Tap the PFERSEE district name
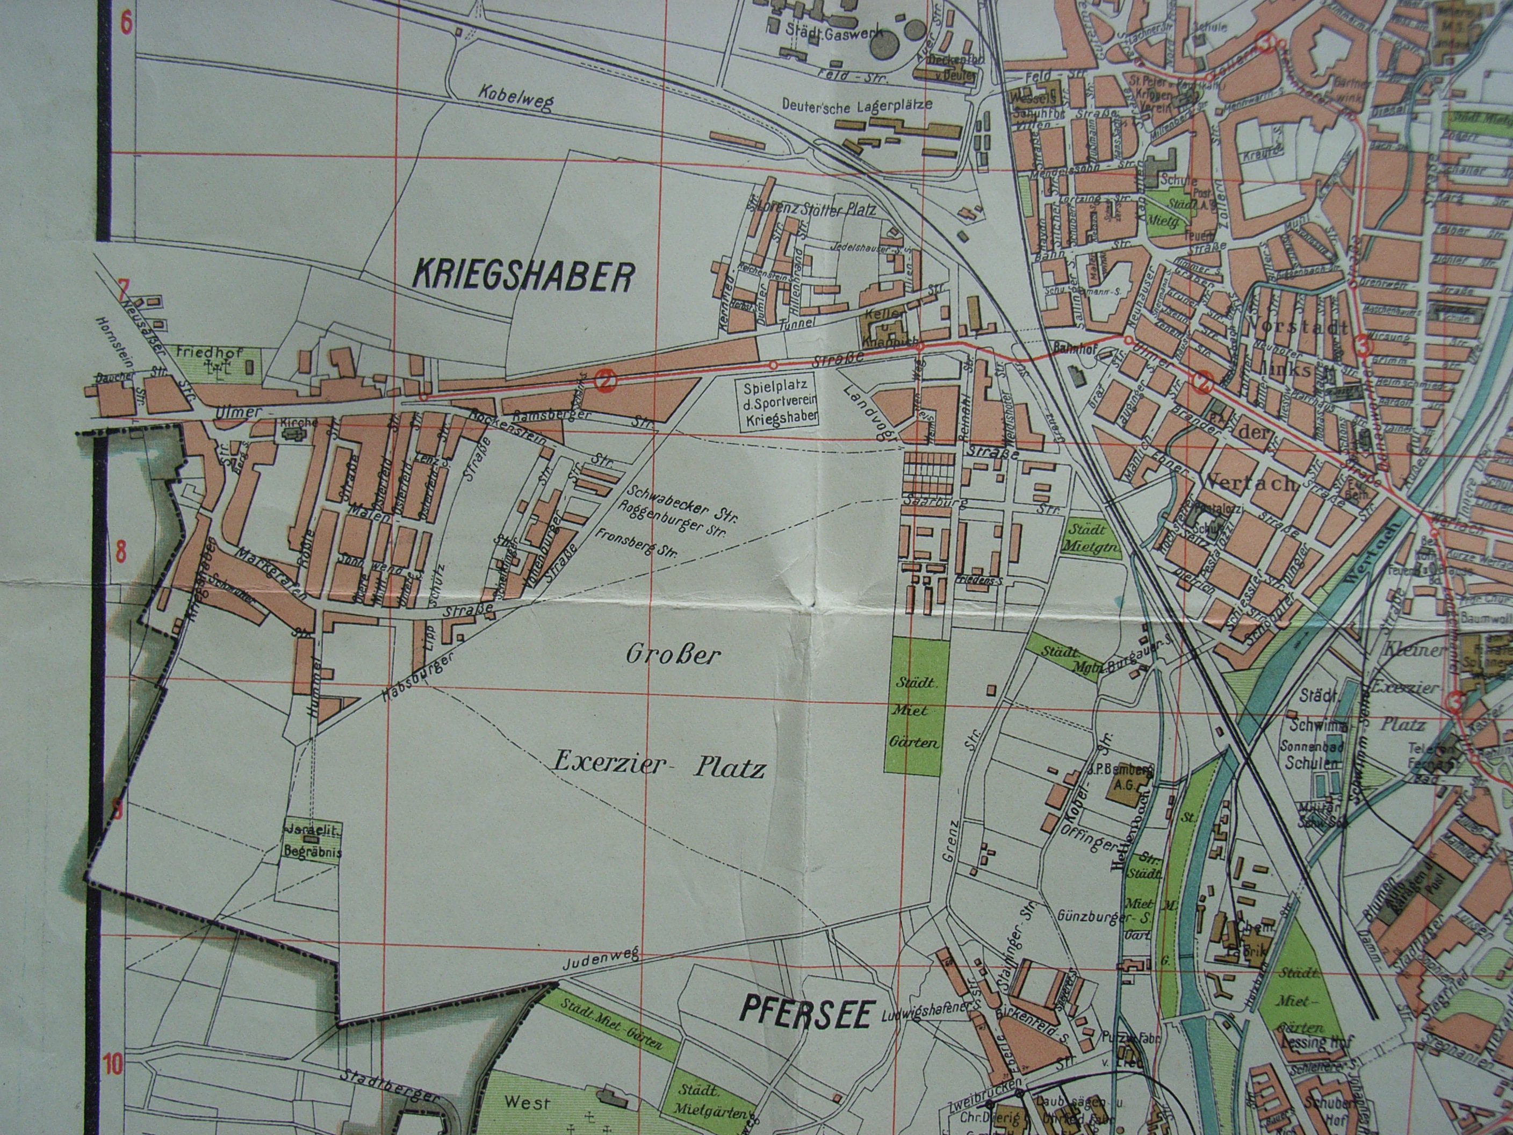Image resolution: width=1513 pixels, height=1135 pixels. (797, 1012)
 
